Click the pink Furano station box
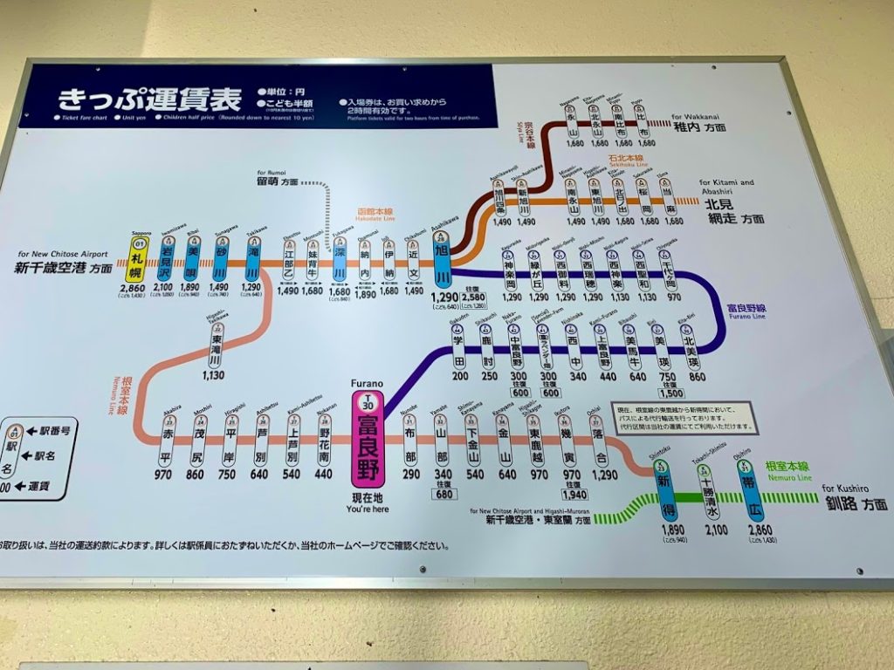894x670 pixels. coord(367,444)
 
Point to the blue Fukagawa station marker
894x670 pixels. coord(340,263)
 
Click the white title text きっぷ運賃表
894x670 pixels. coord(149,99)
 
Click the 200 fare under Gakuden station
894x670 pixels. coord(460,376)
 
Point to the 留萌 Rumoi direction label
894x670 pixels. coord(277,181)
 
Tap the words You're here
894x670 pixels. coord(367,508)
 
